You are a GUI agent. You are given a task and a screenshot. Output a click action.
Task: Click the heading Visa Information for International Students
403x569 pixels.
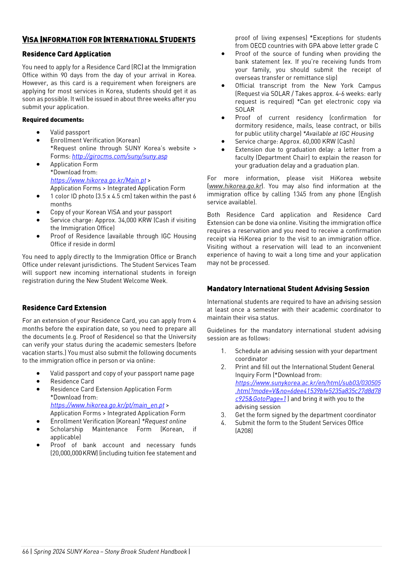tap(109, 40)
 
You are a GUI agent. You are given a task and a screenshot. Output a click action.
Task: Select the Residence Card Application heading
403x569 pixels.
tap(66, 54)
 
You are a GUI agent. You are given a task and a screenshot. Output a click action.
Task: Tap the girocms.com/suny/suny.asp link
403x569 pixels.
tap(120, 156)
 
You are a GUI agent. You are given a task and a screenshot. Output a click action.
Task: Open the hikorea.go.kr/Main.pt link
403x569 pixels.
tap(98, 180)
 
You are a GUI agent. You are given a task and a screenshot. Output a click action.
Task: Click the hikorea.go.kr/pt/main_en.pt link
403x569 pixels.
tap(107, 405)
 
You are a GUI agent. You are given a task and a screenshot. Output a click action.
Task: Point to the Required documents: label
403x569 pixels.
tap(53, 120)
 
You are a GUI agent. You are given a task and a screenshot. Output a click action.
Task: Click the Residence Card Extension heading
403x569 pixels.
tap(64, 308)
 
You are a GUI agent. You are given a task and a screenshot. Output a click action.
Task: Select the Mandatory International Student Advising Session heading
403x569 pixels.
tap(288, 289)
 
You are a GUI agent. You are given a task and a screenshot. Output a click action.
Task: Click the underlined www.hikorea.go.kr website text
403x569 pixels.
tap(235, 186)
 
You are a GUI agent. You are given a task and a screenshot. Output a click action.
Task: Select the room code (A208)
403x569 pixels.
tap(244, 431)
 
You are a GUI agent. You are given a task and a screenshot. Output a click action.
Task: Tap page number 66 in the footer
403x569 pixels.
tap(25, 551)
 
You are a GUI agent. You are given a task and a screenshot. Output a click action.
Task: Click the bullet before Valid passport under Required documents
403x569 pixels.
tap(38, 132)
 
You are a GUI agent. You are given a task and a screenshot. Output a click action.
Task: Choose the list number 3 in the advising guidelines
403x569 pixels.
tap(223, 415)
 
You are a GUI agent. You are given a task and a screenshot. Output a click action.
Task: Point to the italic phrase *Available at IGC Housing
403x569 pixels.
tap(338, 133)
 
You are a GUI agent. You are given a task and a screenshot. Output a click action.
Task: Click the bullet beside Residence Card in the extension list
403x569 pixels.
tap(38, 381)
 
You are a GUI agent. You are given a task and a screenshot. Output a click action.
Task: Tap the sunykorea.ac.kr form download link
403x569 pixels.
tap(308, 391)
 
